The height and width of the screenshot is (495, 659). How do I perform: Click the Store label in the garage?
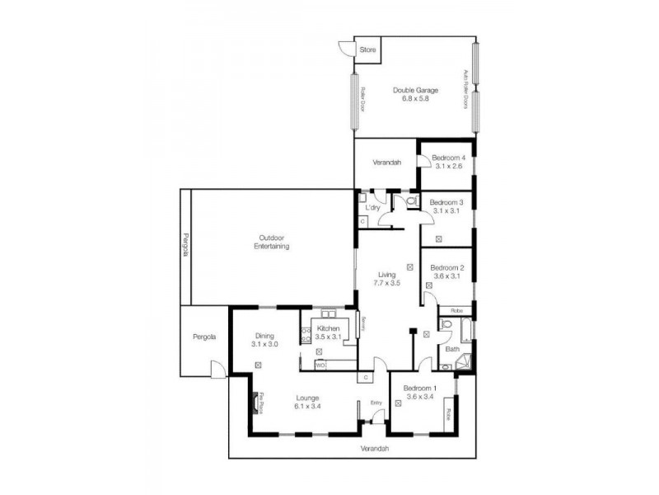pos(368,50)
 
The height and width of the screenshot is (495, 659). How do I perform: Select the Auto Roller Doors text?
pos(465,89)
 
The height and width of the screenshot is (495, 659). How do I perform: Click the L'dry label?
pos(372,207)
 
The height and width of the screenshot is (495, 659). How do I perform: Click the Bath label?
pos(452,349)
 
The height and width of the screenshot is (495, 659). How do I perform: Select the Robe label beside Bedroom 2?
pos(456,311)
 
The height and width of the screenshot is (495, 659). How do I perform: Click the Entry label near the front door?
pos(376,403)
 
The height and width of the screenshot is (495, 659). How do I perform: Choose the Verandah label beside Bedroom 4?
pos(387,163)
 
